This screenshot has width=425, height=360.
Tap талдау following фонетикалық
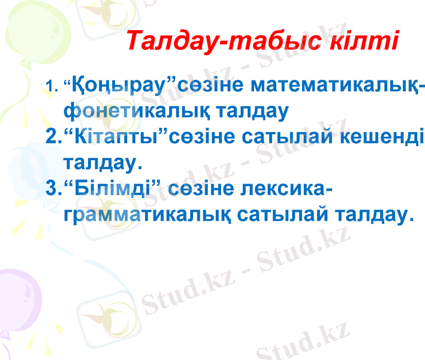[239, 111]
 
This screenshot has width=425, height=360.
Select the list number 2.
[53, 136]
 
